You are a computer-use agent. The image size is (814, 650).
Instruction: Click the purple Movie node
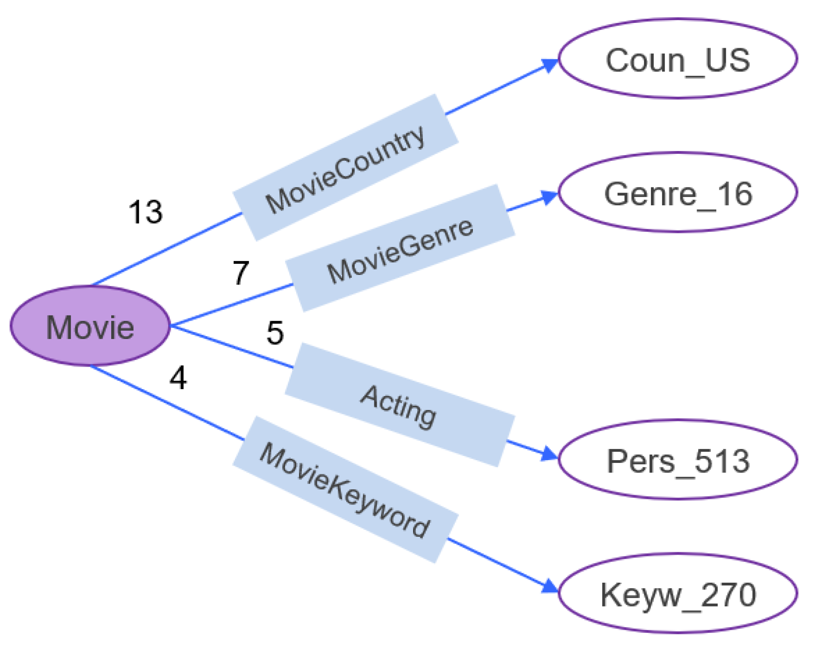(x=90, y=326)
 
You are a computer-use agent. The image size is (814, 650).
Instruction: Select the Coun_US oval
(x=678, y=59)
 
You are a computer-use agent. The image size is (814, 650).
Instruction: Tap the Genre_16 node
(x=678, y=193)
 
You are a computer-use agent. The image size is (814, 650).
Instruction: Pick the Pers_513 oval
(x=678, y=460)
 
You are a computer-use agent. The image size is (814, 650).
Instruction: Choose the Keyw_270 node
(x=678, y=594)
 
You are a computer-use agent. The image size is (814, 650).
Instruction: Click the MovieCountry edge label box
(x=345, y=168)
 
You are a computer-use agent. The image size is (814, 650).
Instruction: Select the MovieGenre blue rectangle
(x=400, y=248)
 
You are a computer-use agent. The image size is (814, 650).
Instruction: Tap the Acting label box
(x=400, y=405)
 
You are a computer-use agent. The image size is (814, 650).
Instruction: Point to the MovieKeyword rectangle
(x=345, y=490)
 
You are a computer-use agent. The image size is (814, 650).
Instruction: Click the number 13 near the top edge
(x=145, y=212)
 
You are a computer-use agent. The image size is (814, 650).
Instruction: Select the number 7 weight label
(x=241, y=273)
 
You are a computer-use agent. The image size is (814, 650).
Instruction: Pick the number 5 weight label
(x=275, y=333)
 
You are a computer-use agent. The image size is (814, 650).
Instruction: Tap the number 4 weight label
(x=178, y=378)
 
